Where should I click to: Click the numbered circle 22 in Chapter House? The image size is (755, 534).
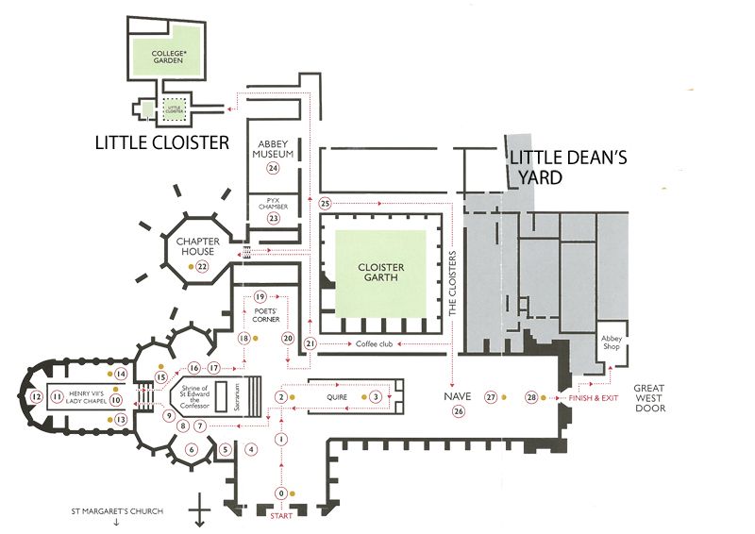[x=201, y=267]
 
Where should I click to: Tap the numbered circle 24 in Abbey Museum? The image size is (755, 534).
[x=274, y=168]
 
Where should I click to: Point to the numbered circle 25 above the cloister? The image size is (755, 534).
[x=326, y=203]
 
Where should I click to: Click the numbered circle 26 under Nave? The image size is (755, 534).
[x=459, y=411]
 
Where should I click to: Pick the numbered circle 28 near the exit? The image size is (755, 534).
[x=531, y=397]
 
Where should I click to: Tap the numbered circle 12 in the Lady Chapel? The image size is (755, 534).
[x=36, y=397]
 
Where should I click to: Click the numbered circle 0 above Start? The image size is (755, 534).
[x=280, y=493]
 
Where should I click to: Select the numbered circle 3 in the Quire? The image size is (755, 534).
[x=376, y=397]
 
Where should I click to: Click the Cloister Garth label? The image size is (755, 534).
[x=381, y=272]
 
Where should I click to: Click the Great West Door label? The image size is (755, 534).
[x=649, y=397]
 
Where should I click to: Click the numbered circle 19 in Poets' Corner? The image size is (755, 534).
[x=260, y=297]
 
